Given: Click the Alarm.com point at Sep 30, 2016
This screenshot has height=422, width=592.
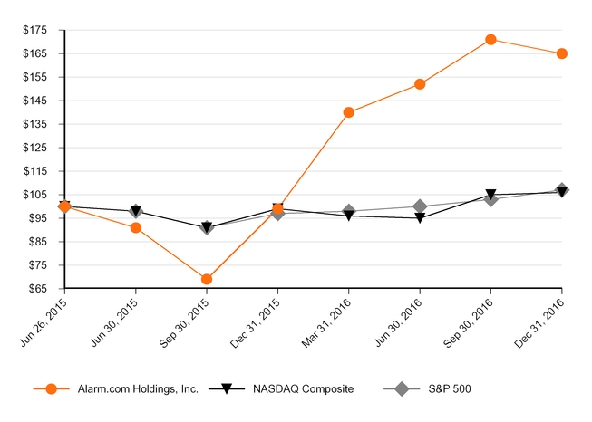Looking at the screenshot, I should click(x=490, y=40).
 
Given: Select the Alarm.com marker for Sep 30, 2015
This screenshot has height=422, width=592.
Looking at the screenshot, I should click(x=207, y=279).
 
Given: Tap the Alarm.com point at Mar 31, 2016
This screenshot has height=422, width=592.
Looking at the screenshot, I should click(x=349, y=112).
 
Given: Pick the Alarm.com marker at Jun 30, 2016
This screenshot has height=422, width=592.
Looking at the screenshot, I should click(x=420, y=84).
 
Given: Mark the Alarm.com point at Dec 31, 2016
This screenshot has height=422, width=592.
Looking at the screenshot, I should click(x=562, y=53).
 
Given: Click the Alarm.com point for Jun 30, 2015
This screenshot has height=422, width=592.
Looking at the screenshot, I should click(x=136, y=227).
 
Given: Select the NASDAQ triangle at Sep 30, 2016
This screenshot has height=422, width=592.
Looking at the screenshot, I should click(x=490, y=195).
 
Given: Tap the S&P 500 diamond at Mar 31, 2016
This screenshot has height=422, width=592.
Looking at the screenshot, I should click(x=349, y=211).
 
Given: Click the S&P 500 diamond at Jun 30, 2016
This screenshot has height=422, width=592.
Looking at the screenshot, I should click(x=420, y=206).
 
